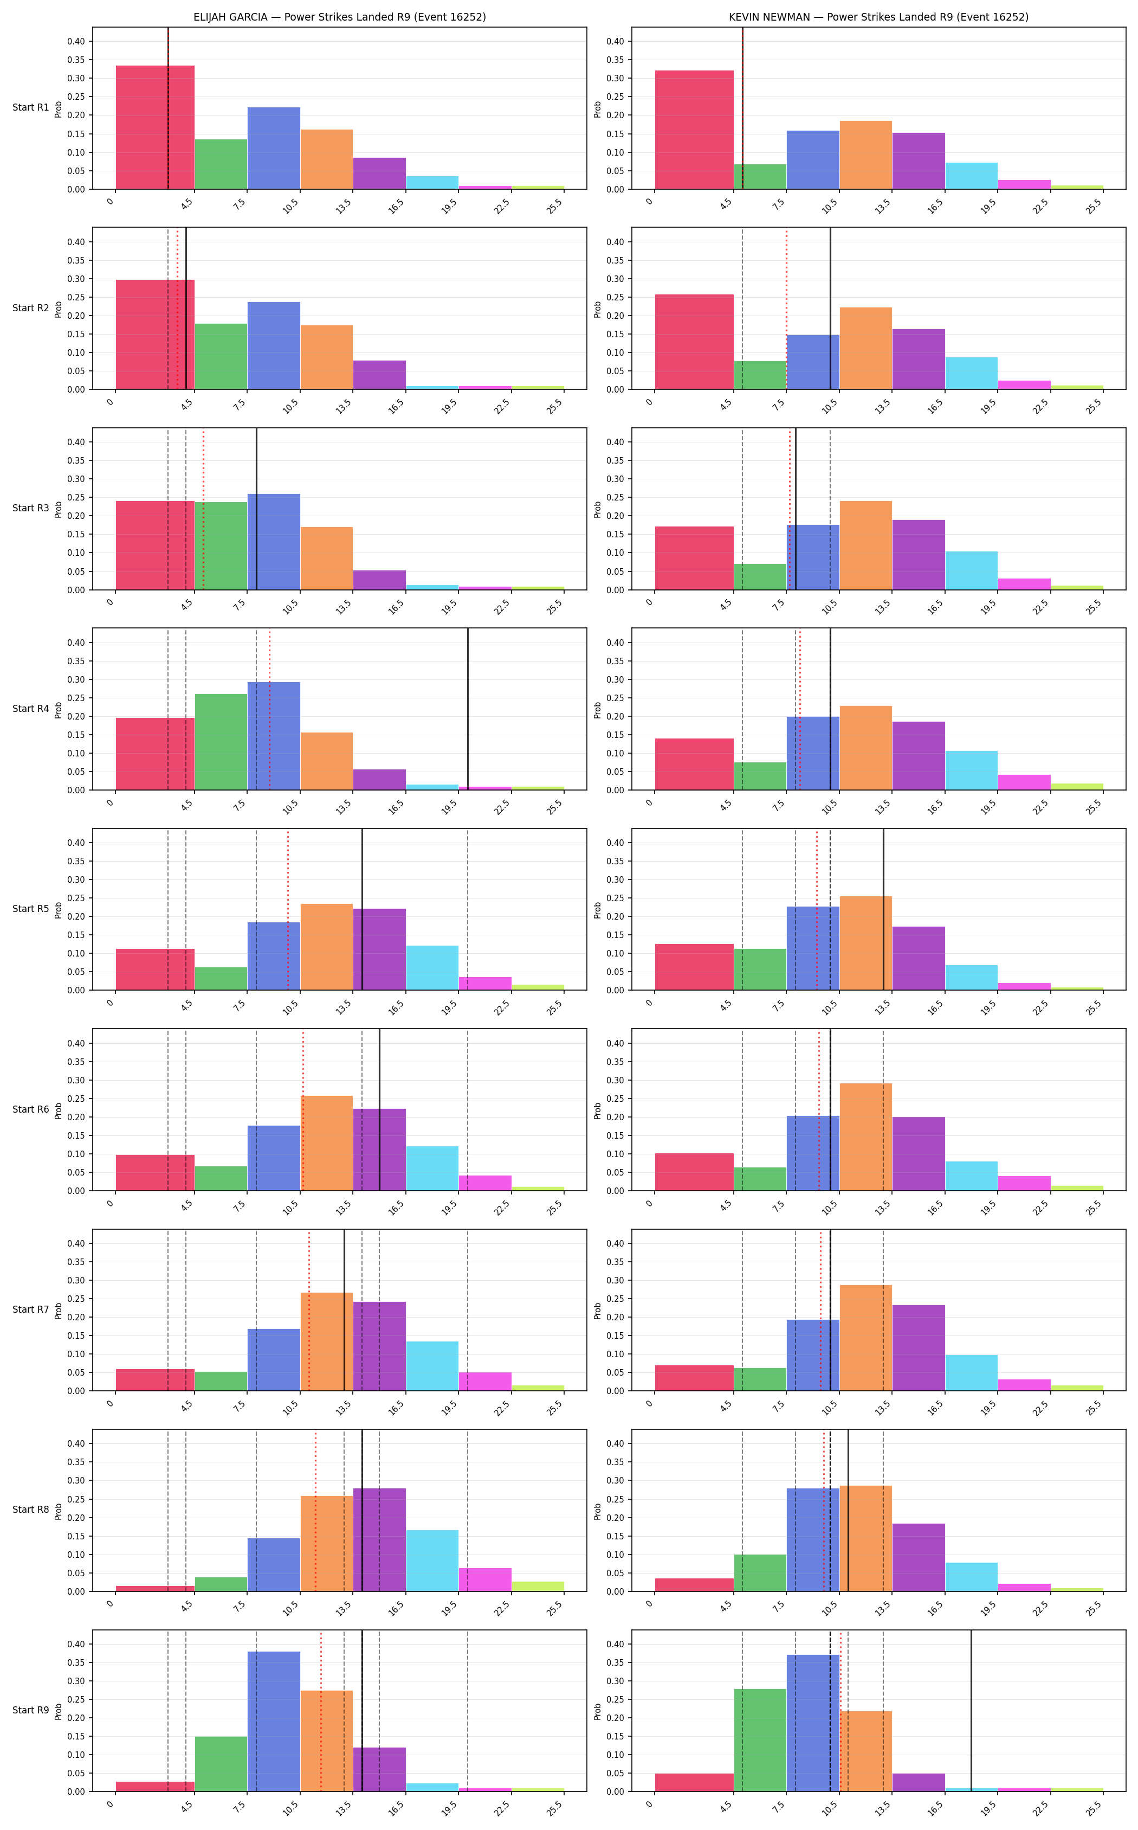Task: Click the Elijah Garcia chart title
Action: click(x=339, y=17)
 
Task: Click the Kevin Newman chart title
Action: click(x=878, y=17)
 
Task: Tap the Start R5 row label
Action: click(x=31, y=909)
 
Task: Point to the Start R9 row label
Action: click(x=31, y=1710)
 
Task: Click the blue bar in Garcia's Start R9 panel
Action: click(x=274, y=1722)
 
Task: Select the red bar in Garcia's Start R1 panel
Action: click(x=155, y=127)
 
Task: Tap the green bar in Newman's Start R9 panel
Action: click(x=760, y=1741)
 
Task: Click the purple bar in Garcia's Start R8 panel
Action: click(x=379, y=1540)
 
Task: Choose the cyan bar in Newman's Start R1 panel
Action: click(x=972, y=176)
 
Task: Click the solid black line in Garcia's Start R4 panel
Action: click(x=468, y=709)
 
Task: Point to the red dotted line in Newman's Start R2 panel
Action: click(x=786, y=309)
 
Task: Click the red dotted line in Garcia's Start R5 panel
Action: click(x=288, y=910)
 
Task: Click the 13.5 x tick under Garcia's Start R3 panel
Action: click(x=343, y=607)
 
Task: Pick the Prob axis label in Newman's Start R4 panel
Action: click(x=598, y=709)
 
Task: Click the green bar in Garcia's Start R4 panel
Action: click(x=221, y=742)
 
